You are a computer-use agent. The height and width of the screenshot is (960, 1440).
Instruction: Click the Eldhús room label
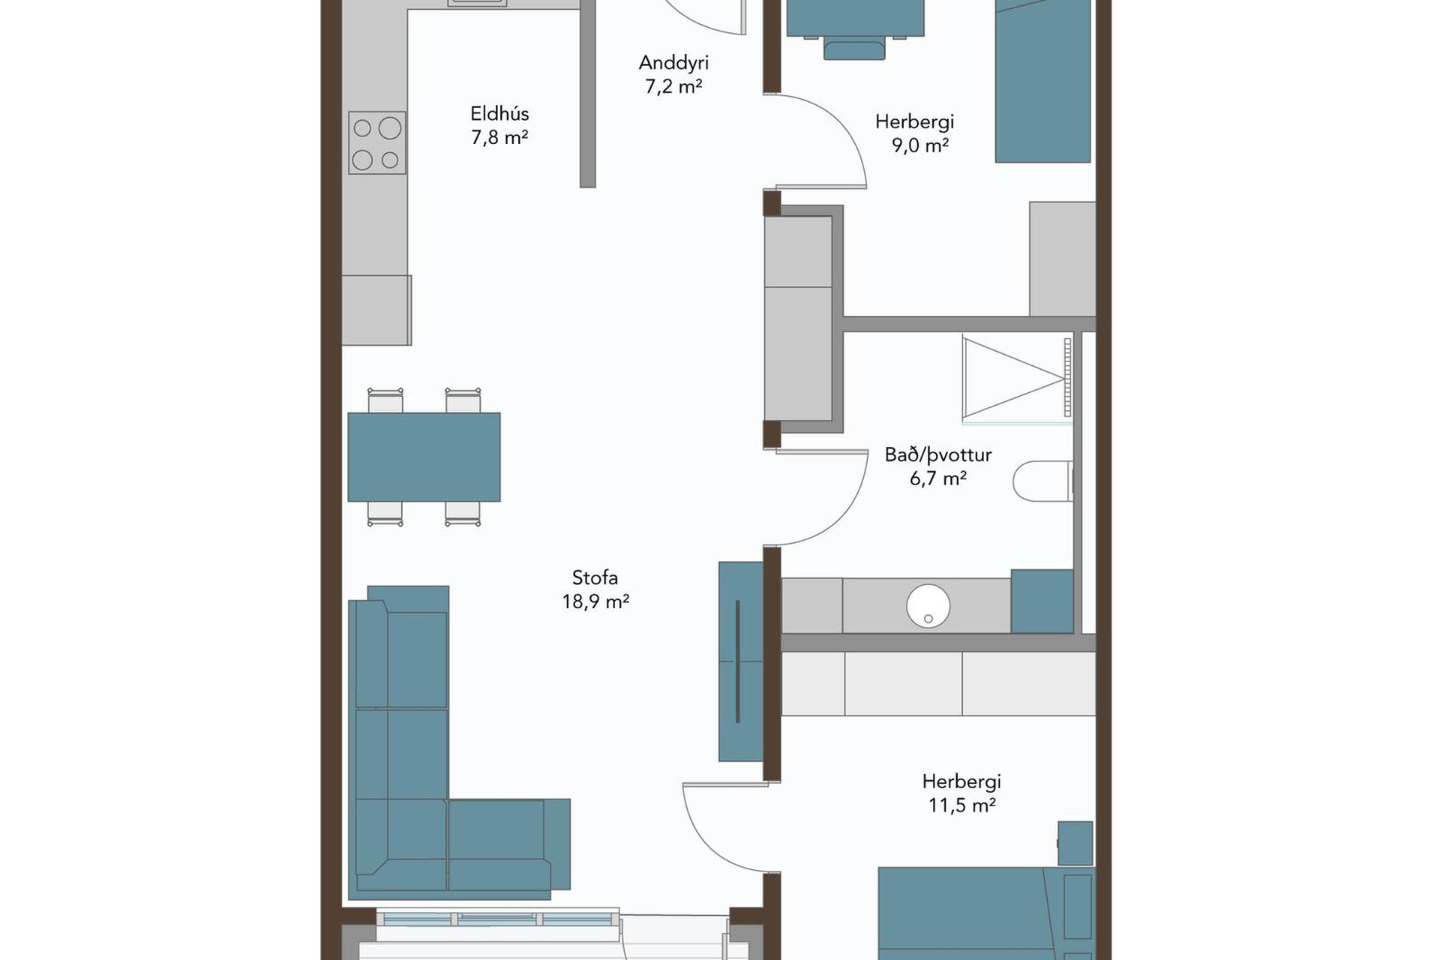click(x=499, y=114)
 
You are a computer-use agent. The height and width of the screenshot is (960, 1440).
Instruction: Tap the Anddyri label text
click(x=673, y=63)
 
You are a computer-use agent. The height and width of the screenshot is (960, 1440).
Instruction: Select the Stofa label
click(x=595, y=577)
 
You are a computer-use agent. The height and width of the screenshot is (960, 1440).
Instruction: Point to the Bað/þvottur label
click(x=938, y=455)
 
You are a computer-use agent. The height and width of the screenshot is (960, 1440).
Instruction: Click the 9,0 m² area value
click(x=920, y=145)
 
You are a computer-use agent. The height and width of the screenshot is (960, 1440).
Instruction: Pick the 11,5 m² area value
click(x=962, y=805)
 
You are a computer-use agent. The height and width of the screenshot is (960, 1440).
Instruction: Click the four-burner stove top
click(x=376, y=142)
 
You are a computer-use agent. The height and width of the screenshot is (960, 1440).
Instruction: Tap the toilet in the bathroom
click(x=1043, y=481)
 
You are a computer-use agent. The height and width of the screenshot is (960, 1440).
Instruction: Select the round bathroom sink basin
click(x=928, y=605)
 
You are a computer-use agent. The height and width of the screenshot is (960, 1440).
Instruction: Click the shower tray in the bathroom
click(x=1017, y=377)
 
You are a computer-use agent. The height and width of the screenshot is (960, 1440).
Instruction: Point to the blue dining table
click(x=424, y=457)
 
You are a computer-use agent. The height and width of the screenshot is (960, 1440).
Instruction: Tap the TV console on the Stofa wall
click(x=741, y=661)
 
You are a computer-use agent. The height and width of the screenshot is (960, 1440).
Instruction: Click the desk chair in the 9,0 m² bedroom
click(x=854, y=47)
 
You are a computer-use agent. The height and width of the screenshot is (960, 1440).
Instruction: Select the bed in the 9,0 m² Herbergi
click(x=1042, y=79)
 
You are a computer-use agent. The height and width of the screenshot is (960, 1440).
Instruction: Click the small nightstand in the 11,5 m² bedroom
click(x=1075, y=843)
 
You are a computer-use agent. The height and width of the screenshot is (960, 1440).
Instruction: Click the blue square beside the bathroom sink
click(x=1042, y=601)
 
